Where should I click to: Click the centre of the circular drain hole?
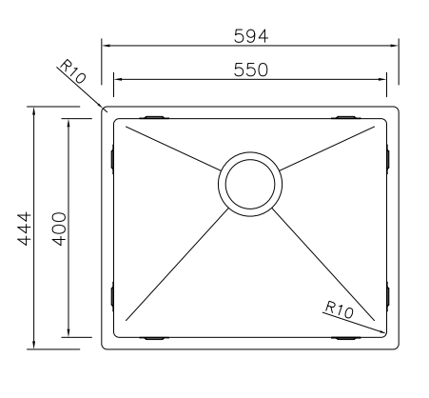250,184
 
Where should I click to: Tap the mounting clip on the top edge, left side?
155,118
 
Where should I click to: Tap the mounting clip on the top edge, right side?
346,118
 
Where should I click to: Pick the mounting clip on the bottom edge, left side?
154,337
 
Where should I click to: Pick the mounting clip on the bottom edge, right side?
346,337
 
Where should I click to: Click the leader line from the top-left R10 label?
92,94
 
